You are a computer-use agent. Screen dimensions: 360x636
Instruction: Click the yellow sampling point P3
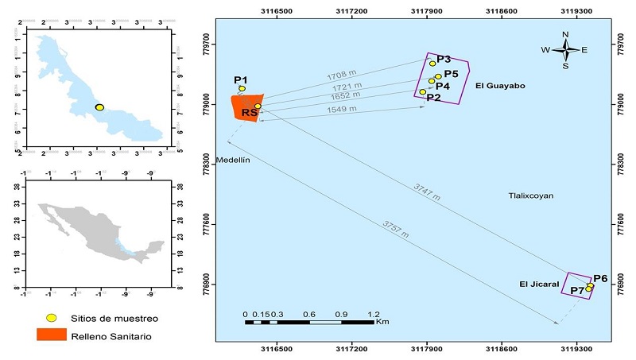(x=432, y=64)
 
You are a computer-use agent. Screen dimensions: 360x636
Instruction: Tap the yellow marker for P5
(x=438, y=77)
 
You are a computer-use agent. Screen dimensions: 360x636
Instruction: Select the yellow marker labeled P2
(x=423, y=92)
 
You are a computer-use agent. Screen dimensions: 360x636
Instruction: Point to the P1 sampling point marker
(x=242, y=89)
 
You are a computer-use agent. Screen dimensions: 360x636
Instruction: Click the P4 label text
(x=443, y=86)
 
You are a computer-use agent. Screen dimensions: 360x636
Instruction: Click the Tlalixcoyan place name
(x=532, y=195)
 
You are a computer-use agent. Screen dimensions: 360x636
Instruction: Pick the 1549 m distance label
(x=342, y=109)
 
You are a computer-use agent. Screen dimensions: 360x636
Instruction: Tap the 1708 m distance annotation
(x=342, y=77)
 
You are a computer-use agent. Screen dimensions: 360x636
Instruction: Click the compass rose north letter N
(x=565, y=34)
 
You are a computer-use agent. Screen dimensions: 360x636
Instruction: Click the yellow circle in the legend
(x=52, y=318)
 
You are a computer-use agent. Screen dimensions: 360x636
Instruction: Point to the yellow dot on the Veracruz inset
(x=99, y=107)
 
